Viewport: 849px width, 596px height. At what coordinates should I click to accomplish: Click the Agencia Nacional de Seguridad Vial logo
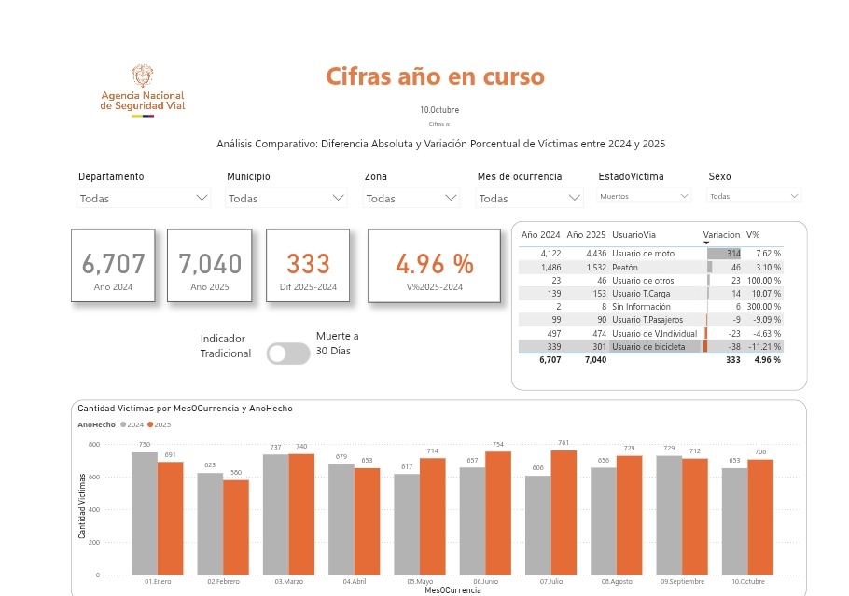pos(143,91)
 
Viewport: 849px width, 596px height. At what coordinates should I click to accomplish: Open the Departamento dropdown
pos(144,198)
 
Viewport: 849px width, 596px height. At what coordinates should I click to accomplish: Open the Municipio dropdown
pos(286,198)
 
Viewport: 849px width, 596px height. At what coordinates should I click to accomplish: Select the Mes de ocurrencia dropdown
pos(529,198)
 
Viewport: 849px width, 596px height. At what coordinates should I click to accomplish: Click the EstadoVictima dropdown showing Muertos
pos(644,196)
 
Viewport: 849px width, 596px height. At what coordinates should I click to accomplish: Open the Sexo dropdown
pos(754,196)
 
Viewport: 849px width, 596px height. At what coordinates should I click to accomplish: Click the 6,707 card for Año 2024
pos(114,266)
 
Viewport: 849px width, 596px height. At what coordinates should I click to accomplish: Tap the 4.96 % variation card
pos(434,266)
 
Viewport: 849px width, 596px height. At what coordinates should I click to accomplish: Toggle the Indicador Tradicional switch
pos(287,353)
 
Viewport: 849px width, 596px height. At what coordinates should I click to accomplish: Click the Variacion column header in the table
pos(720,235)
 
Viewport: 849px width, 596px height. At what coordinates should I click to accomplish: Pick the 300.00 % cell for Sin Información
pos(763,307)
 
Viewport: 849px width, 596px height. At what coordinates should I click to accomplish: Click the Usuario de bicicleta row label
pos(648,347)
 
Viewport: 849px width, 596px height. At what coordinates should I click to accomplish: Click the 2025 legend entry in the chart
pos(161,424)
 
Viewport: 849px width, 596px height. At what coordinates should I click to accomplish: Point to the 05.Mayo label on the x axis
pos(419,581)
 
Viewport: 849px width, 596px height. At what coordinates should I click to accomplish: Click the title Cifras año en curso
pos(435,76)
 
